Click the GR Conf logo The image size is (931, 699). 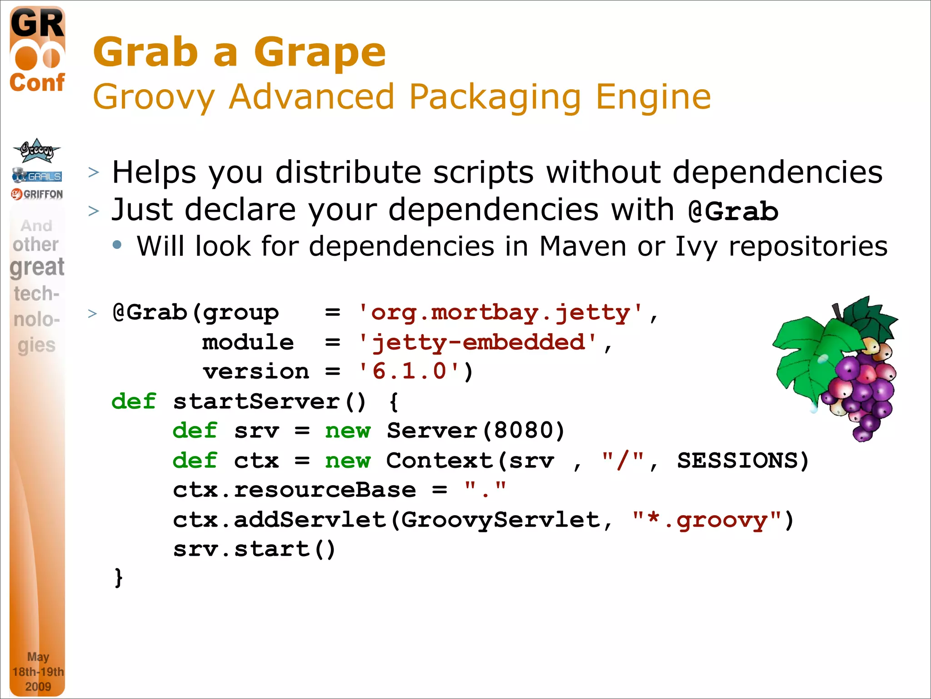37,50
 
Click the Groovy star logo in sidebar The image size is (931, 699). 36,150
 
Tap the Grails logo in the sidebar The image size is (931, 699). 37,176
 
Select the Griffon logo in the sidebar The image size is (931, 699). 37,194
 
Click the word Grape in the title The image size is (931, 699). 320,53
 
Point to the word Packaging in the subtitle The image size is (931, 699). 495,97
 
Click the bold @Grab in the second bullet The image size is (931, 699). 733,212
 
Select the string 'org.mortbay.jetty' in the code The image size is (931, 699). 500,313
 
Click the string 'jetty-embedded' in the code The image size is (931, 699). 477,343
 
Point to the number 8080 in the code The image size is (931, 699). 523,431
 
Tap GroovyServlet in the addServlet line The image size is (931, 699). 500,520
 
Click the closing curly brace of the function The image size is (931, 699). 119,578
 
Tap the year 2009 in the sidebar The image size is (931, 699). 38,686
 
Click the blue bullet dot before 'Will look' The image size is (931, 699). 117,245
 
